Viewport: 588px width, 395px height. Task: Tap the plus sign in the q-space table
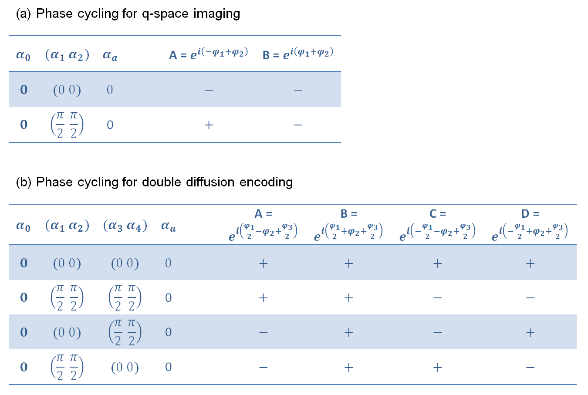pos(209,125)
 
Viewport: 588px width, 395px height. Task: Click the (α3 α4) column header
pos(125,226)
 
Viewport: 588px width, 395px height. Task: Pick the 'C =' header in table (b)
pos(437,214)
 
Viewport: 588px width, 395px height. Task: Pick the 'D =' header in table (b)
pos(530,214)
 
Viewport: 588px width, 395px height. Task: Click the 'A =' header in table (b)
pos(263,214)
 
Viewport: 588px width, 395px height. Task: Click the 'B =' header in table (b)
pos(348,214)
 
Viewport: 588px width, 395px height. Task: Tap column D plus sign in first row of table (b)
pos(530,263)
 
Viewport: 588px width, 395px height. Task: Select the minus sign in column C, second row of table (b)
pos(438,298)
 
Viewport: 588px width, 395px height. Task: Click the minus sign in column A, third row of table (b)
pos(263,333)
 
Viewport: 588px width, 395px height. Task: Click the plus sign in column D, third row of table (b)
pos(530,333)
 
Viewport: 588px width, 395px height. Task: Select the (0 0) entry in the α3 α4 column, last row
pos(125,368)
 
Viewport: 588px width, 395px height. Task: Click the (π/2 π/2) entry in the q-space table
pos(67,125)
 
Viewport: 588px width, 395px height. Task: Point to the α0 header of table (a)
pos(24,55)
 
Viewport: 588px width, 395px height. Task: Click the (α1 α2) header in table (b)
pos(67,226)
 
